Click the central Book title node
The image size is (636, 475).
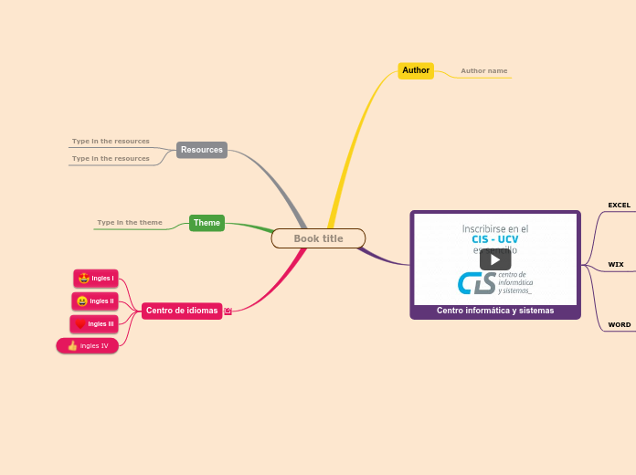[318, 238]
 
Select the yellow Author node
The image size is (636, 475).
[416, 70]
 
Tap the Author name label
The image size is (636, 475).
[483, 70]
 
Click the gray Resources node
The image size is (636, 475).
[202, 150]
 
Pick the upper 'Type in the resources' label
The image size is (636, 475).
[111, 142]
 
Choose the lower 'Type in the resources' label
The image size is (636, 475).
[111, 159]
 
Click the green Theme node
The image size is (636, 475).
[207, 223]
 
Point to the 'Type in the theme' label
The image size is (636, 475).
[130, 223]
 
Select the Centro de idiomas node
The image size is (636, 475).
[182, 311]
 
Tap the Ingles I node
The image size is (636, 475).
[96, 279]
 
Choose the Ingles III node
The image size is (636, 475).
[94, 324]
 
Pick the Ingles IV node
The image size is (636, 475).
[88, 346]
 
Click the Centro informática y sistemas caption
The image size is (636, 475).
[495, 311]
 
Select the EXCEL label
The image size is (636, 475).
[619, 206]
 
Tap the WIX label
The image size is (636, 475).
[616, 265]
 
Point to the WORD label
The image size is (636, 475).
[619, 325]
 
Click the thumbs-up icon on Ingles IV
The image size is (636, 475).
[72, 346]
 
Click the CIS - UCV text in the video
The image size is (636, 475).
[494, 239]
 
